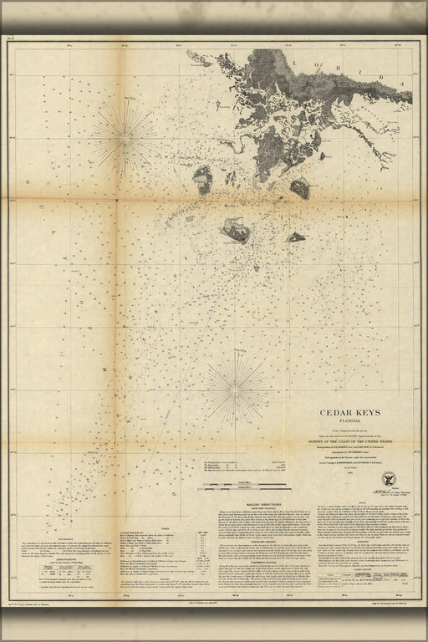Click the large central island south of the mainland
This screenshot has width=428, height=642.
point(235,229)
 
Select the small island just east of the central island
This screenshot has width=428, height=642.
point(295,237)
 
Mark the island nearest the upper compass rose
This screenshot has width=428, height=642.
point(202,176)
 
